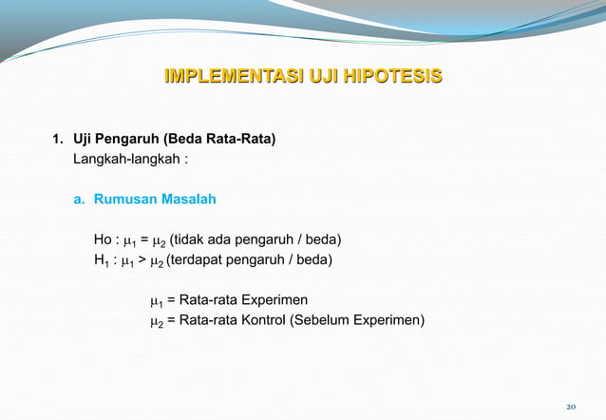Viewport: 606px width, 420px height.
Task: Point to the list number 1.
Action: (57, 140)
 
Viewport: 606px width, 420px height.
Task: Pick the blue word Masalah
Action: (189, 200)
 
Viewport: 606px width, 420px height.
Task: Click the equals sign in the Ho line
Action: (143, 239)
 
